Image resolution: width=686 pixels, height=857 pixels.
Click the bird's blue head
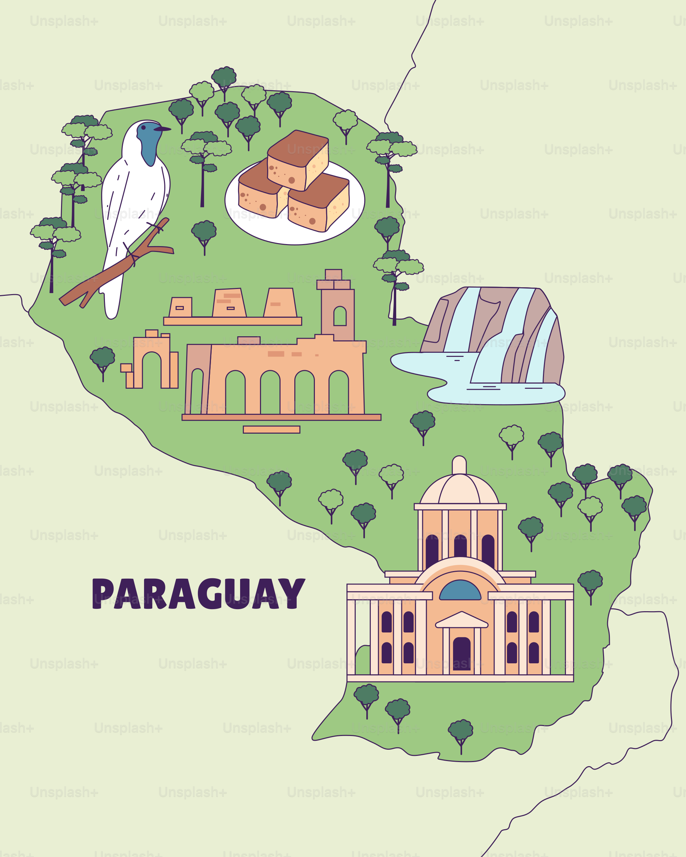(149, 141)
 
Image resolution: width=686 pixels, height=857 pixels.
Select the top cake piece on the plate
(298, 159)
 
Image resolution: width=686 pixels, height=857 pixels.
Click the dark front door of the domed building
(461, 653)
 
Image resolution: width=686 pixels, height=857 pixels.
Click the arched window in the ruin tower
(340, 316)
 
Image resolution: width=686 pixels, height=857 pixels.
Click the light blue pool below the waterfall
(497, 396)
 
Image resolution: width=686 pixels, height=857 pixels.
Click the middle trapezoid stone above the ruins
(229, 303)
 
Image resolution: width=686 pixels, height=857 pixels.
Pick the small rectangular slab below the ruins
(272, 429)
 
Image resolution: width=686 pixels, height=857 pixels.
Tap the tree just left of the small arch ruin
(103, 360)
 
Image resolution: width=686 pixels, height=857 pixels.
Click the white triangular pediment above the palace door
(461, 620)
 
